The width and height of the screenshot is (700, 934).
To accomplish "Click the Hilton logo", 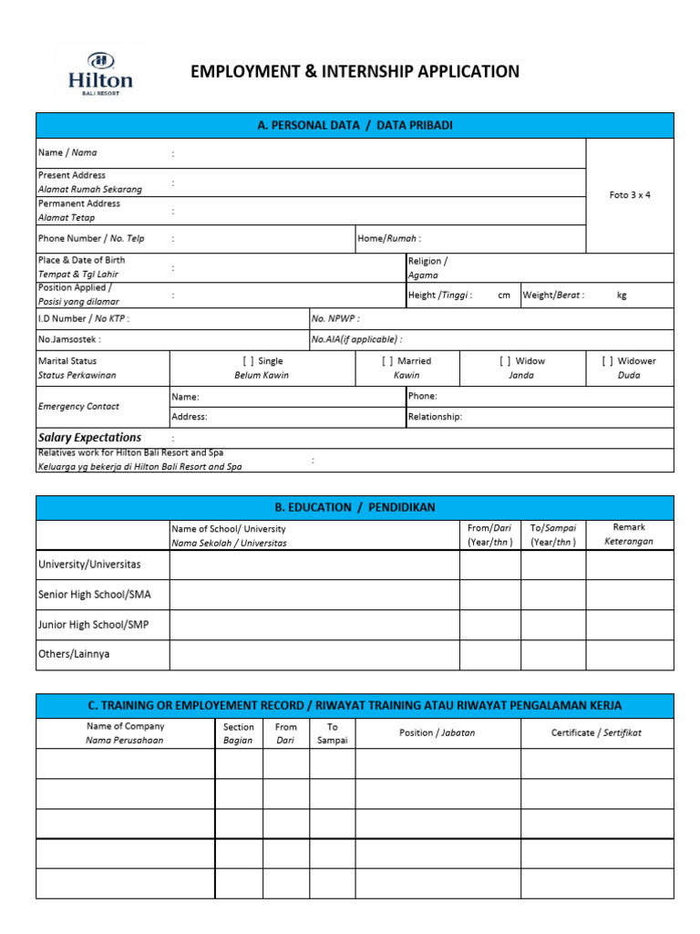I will (100, 72).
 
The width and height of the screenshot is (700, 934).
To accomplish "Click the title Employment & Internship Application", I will (355, 72).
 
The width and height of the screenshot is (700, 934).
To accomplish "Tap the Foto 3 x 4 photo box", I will (630, 195).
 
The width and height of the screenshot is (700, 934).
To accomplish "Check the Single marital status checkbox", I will (248, 361).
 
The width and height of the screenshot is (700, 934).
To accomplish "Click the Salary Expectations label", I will (89, 438).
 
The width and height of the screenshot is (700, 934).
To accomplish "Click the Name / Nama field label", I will (67, 153).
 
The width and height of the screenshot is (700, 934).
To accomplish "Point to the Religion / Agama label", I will (427, 267).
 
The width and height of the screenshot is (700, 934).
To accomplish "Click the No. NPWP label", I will (335, 318).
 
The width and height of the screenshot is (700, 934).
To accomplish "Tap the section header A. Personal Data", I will (355, 126).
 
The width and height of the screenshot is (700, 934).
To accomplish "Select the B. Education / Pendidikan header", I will (355, 507).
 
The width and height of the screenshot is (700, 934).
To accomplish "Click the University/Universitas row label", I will (89, 565).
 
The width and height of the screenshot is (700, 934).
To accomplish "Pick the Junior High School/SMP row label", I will (91, 625).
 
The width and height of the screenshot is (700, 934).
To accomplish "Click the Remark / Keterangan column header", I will (629, 534).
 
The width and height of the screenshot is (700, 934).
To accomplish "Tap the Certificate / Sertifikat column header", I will (596, 733).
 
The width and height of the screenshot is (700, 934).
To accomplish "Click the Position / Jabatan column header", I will (437, 733).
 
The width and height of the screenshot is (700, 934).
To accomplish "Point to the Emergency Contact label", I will (78, 407).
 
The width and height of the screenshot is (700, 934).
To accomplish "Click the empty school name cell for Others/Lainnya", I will (314, 655).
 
